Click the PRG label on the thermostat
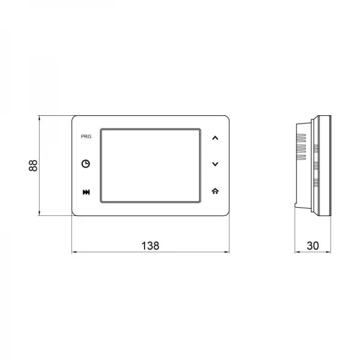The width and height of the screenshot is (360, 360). [x=86, y=137]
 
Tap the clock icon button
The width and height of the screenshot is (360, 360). [x=86, y=164]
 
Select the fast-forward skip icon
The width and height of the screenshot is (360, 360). [x=86, y=192]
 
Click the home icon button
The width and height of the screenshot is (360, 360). [x=215, y=191]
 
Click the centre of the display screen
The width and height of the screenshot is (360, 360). [x=151, y=166]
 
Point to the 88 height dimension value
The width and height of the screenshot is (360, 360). [x=33, y=166]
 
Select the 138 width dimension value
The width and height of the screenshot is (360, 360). [x=151, y=245]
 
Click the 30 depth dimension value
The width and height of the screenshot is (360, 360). [x=313, y=246]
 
